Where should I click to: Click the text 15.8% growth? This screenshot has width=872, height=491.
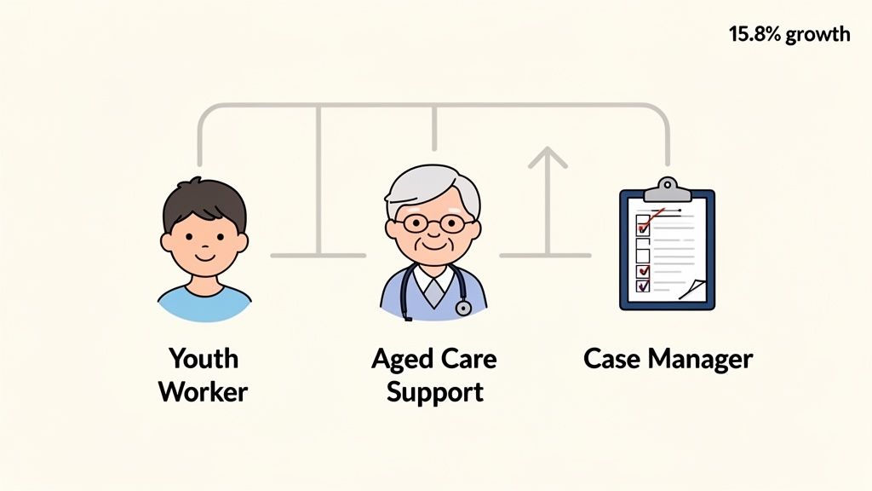click(789, 34)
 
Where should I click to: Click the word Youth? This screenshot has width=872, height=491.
click(203, 358)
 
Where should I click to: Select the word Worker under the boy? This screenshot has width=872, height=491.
click(203, 391)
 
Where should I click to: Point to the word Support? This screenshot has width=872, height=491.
click(434, 391)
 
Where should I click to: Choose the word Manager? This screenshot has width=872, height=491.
click(700, 358)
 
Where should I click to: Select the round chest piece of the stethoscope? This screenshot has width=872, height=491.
click(463, 308)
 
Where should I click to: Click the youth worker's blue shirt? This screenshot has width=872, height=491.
click(204, 304)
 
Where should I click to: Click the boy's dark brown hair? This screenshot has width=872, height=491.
click(204, 200)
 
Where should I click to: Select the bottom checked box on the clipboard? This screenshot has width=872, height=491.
click(643, 286)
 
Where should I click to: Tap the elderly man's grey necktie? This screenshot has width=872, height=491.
click(434, 293)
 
